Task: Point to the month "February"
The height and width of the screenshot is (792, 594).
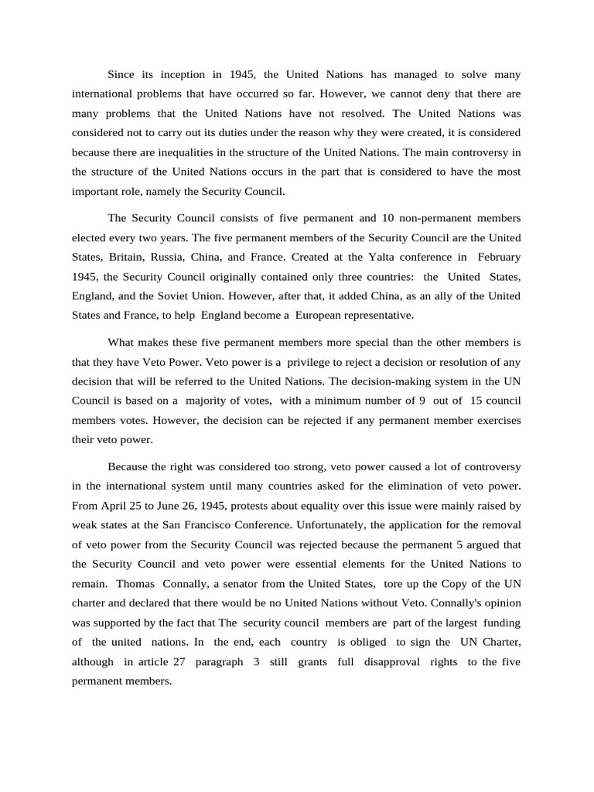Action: coord(500,257)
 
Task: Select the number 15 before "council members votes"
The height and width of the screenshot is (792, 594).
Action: coord(477,400)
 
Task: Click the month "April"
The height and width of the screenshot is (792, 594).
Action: coord(114,506)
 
